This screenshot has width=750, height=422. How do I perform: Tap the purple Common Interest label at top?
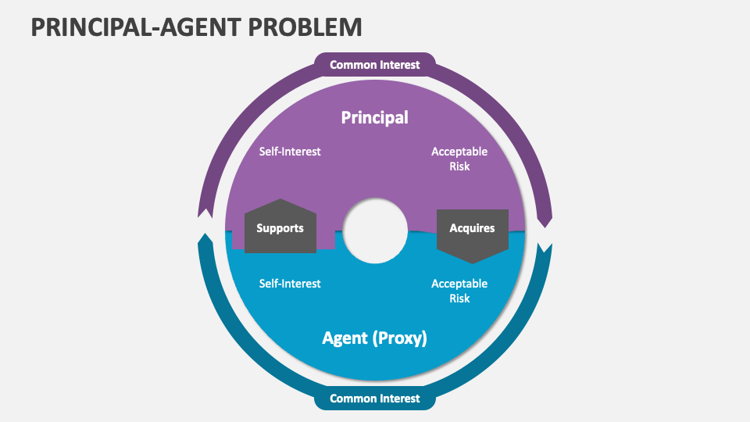(374, 65)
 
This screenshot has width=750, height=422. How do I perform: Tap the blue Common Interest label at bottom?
(374, 399)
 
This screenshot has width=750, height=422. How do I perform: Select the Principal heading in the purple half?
(374, 117)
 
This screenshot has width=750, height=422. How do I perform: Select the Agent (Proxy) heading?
(374, 338)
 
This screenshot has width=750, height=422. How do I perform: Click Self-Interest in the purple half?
(290, 152)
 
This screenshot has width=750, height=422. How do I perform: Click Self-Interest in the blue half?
(290, 284)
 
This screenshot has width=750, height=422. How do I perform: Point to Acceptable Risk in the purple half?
(459, 159)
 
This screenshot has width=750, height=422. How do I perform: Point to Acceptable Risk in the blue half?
(459, 291)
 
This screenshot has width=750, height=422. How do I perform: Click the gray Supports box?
(280, 228)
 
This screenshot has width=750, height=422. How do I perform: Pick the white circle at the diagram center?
(376, 231)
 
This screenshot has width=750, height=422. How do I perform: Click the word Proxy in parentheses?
(401, 338)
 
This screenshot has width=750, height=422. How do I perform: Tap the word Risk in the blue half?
(459, 299)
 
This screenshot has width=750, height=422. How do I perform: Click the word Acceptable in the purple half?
(459, 152)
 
